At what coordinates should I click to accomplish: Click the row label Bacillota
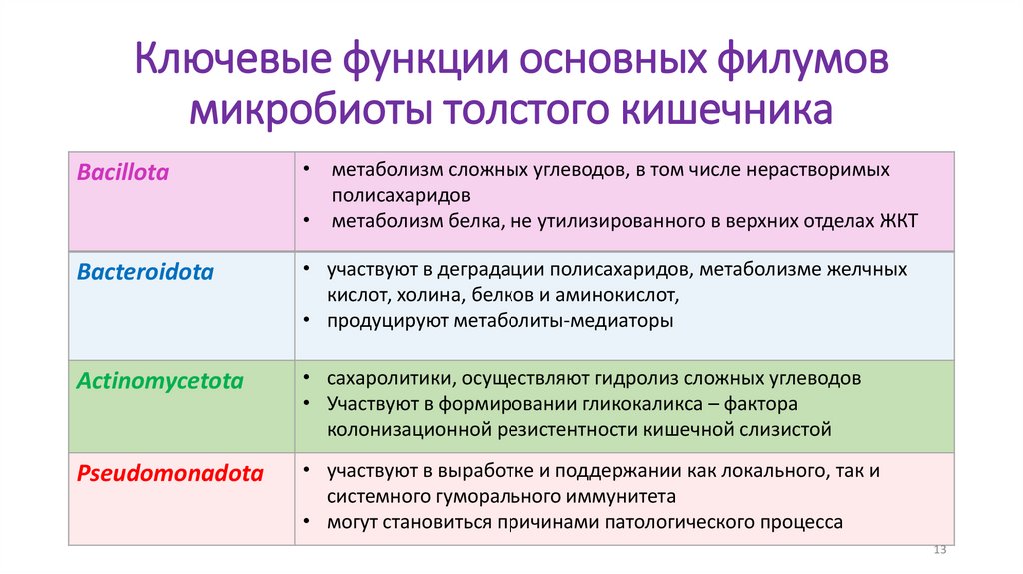pyautogui.click(x=123, y=173)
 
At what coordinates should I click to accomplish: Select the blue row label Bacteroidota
pyautogui.click(x=145, y=272)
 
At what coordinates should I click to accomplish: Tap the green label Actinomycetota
pyautogui.click(x=159, y=381)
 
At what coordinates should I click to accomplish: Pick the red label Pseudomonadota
pyautogui.click(x=170, y=474)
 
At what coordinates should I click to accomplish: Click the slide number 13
pyautogui.click(x=939, y=552)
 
